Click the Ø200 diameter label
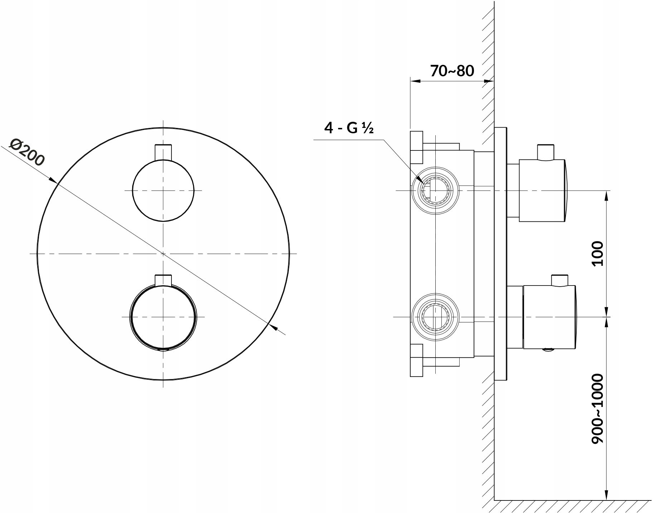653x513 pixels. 27,152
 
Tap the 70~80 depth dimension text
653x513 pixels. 452,71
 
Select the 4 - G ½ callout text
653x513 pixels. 349,128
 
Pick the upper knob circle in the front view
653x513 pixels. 163,190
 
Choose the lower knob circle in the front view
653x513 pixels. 163,317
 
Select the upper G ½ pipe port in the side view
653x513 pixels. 435,191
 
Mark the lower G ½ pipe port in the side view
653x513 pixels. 435,317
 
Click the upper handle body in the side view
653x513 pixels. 542,191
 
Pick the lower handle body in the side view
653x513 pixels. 549,317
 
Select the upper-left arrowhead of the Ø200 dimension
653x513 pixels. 53,180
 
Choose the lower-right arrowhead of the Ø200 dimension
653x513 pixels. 273,327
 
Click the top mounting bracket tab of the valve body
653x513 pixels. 416,146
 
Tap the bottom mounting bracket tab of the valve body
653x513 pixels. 416,361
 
